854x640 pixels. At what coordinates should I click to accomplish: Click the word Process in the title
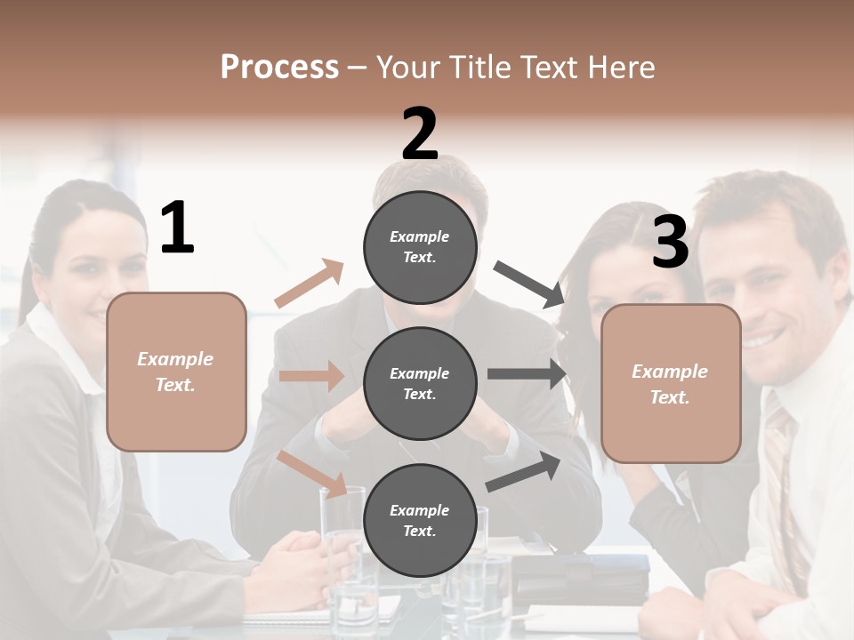(279, 67)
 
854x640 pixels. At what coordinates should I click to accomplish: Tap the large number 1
(177, 228)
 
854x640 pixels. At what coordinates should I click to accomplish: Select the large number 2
(420, 134)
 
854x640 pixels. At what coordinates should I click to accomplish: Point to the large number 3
(670, 242)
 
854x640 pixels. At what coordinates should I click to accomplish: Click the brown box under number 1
(176, 372)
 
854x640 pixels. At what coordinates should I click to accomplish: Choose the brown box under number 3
(671, 384)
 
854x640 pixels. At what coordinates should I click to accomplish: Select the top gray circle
(420, 247)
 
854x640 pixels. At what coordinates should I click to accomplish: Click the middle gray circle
(420, 384)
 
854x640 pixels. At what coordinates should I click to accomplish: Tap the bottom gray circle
(420, 521)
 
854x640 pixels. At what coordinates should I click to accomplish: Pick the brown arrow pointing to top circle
(310, 284)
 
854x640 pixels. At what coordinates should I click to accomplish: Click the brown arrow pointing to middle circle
(311, 376)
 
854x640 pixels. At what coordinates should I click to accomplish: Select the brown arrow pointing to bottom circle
(311, 473)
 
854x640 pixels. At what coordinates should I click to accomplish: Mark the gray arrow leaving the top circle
(529, 284)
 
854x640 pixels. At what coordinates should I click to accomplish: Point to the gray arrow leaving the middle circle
(527, 374)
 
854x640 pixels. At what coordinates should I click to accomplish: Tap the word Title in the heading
(479, 67)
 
